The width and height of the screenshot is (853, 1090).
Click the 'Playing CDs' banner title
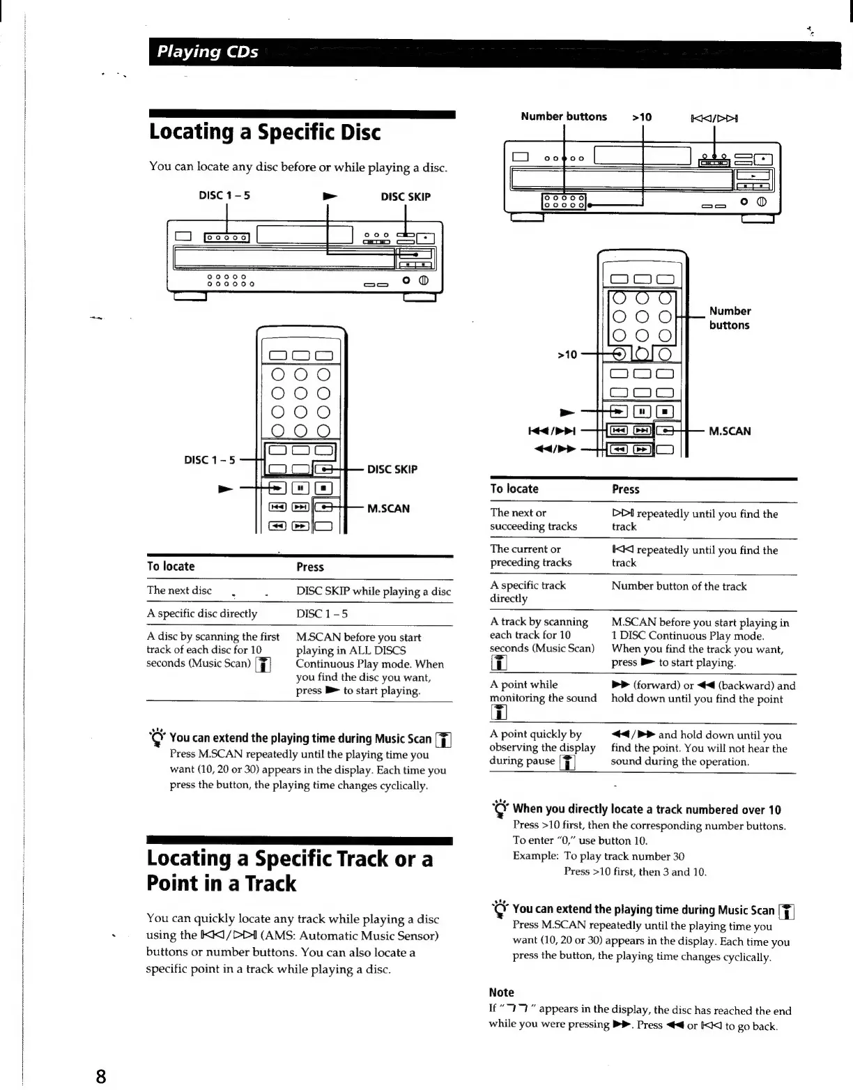coord(208,52)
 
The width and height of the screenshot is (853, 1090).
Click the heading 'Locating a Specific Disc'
coord(265,132)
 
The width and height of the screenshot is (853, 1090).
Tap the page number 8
coord(101,1076)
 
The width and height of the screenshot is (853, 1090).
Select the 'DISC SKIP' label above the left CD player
coord(406,197)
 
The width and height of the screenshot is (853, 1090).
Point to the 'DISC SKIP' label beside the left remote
coord(392,469)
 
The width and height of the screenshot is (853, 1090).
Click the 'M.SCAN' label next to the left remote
coord(388,508)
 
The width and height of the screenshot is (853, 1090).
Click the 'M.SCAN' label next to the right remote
coord(730,431)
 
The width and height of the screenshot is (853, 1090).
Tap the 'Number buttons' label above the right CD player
coord(563,116)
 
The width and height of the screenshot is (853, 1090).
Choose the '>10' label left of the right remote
coord(567,355)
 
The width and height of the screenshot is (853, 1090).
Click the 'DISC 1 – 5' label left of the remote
coord(210,460)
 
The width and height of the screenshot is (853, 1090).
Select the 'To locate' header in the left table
coord(171,567)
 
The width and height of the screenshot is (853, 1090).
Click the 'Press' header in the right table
coord(625,489)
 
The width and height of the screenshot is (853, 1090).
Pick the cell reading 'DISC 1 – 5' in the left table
coord(322,614)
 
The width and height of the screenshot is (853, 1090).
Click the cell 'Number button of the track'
coord(679,586)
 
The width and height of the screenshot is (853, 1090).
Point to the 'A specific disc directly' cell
coord(202,613)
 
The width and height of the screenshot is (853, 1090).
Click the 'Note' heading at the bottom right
coord(501,992)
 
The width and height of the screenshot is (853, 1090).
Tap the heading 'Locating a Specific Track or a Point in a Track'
coord(289,870)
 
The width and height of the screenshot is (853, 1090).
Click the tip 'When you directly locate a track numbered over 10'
coord(646,809)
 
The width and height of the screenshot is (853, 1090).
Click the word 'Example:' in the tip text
coord(535,856)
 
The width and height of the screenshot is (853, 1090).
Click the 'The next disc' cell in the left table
coord(179,590)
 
